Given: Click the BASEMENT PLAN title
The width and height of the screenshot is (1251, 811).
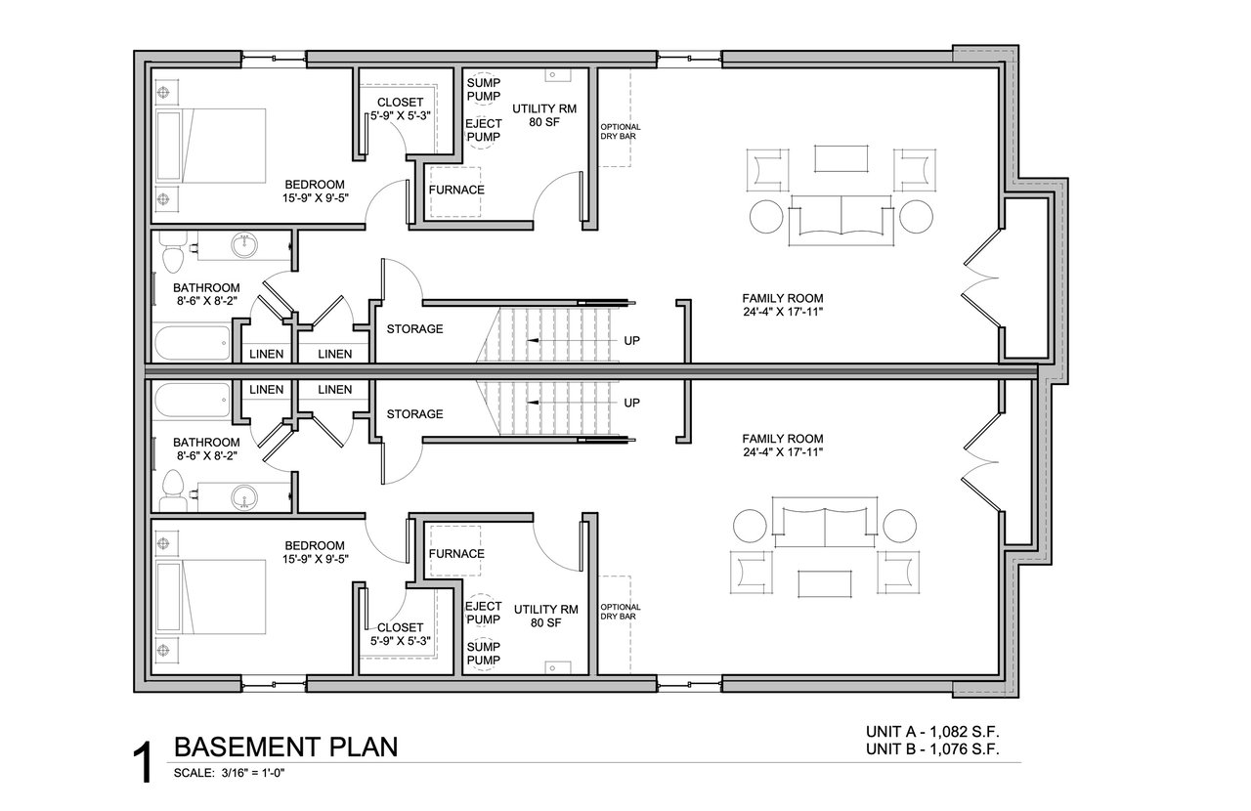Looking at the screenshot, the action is pyautogui.click(x=286, y=747).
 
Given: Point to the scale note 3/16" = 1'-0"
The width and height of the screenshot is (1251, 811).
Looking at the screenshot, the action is pyautogui.click(x=253, y=773).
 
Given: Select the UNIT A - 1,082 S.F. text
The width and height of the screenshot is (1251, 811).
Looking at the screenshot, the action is pyautogui.click(x=932, y=732).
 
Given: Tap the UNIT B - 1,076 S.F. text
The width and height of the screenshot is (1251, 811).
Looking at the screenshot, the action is pyautogui.click(x=932, y=749).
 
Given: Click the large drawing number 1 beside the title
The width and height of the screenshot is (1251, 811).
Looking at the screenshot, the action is pyautogui.click(x=143, y=763).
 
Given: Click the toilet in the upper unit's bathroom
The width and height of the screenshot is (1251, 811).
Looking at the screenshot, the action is pyautogui.click(x=173, y=251).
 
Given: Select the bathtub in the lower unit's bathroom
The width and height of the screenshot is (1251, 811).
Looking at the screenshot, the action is pyautogui.click(x=192, y=401).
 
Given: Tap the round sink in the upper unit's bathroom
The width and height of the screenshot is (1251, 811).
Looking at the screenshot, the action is pyautogui.click(x=244, y=246).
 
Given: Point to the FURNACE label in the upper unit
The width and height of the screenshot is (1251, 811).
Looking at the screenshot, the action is pyautogui.click(x=456, y=190).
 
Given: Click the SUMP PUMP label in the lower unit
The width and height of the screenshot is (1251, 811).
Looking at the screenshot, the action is pyautogui.click(x=484, y=654).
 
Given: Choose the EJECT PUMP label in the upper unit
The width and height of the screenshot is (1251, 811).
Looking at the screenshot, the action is pyautogui.click(x=484, y=130).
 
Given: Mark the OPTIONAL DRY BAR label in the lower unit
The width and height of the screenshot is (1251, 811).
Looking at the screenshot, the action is pyautogui.click(x=621, y=612).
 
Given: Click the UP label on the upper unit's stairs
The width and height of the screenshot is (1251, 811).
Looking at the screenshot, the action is pyautogui.click(x=631, y=341).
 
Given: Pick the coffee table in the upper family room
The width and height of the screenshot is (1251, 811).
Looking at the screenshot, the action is pyautogui.click(x=841, y=158).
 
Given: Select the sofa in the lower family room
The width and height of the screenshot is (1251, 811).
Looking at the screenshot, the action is pyautogui.click(x=824, y=522).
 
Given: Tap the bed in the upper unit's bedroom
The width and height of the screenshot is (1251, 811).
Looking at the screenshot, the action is pyautogui.click(x=211, y=146).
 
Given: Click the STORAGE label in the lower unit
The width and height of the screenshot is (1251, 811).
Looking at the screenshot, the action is pyautogui.click(x=415, y=414).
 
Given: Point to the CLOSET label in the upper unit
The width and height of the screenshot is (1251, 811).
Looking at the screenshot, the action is pyautogui.click(x=401, y=103).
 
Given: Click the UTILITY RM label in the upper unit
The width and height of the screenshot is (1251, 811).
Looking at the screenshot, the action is pyautogui.click(x=544, y=108).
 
